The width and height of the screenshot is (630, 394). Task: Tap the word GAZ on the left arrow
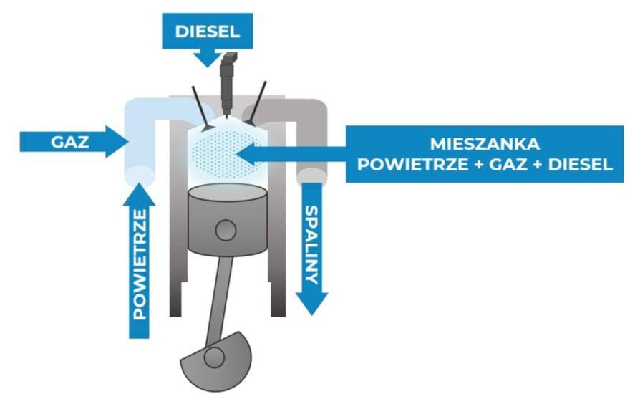(69, 140)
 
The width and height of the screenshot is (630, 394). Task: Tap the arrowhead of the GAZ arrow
(115, 140)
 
